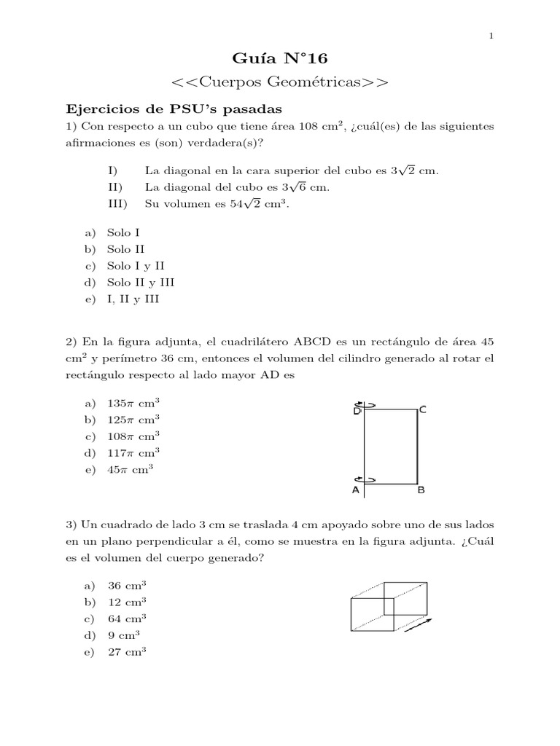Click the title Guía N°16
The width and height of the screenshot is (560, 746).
click(279, 58)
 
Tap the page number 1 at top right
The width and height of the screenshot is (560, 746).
click(491, 36)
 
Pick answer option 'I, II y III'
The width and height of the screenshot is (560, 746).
click(133, 299)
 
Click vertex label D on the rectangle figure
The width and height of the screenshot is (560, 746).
click(357, 412)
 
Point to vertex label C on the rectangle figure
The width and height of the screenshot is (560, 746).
click(423, 410)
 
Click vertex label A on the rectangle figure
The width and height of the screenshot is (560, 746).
click(356, 491)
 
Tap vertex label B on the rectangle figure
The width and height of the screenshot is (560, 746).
click(421, 491)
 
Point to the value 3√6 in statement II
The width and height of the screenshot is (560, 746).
click(295, 187)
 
